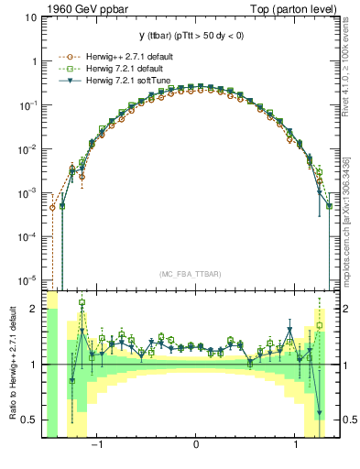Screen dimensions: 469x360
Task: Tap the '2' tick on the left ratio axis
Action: click(x=35, y=310)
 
